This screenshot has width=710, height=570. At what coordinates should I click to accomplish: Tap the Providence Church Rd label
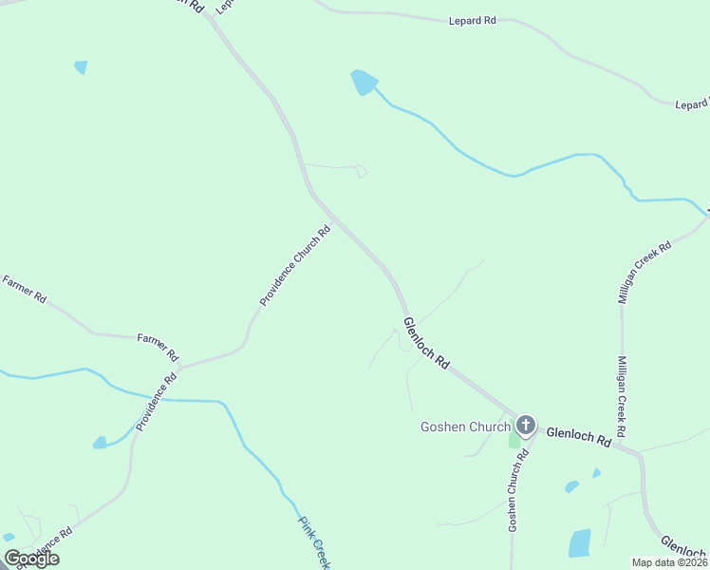click(x=295, y=265)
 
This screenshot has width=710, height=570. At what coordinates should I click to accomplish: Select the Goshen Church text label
click(x=465, y=427)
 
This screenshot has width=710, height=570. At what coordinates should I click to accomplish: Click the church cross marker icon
click(x=526, y=426)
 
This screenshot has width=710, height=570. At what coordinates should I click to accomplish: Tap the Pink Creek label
click(x=313, y=542)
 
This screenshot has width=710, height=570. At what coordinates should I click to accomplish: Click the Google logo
click(x=31, y=559)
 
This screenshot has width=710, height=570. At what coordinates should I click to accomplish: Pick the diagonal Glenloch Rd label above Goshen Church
click(x=426, y=343)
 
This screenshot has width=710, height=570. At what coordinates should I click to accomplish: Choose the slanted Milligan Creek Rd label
click(x=645, y=271)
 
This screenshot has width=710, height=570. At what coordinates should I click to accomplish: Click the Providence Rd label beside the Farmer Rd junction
click(x=157, y=402)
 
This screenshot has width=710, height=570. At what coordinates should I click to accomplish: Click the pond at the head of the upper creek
click(x=364, y=83)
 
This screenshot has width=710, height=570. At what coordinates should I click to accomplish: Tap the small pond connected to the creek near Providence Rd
click(x=100, y=443)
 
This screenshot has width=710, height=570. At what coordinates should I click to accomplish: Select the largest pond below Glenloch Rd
click(x=579, y=542)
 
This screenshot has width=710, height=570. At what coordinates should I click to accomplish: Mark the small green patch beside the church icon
click(x=514, y=440)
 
